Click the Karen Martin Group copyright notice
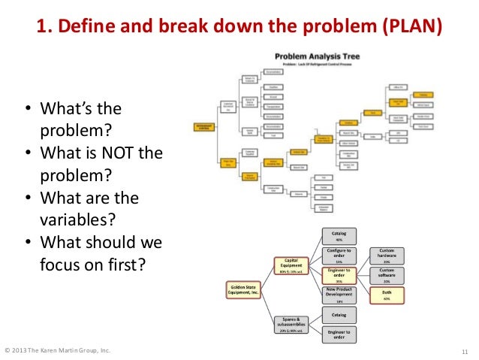[58, 350]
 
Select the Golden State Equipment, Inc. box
[247, 289]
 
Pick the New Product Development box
[339, 296]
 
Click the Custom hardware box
[387, 256]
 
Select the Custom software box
[387, 275]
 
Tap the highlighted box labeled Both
[387, 295]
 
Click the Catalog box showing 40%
[339, 236]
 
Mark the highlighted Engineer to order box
[339, 276]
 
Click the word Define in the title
[83, 29]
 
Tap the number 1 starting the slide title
[41, 29]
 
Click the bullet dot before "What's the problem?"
[28, 110]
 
